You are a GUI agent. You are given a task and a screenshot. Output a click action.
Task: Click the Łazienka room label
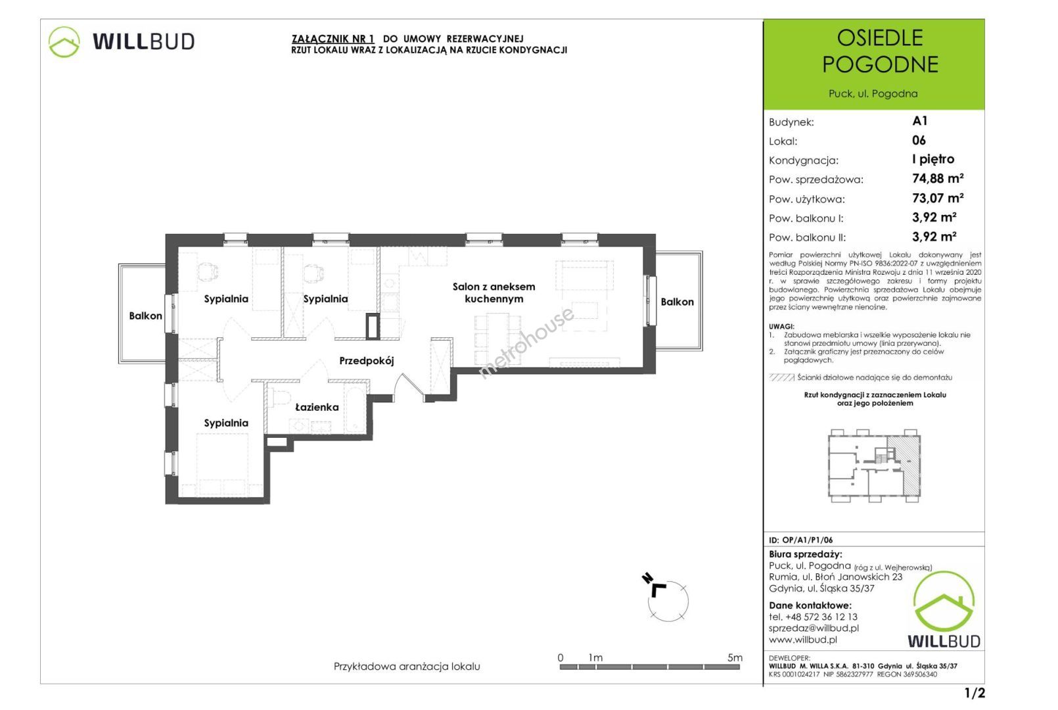point(317,407)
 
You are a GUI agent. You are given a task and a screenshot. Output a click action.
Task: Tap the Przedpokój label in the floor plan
point(367,362)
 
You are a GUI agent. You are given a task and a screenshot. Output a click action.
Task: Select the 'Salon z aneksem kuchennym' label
point(494,293)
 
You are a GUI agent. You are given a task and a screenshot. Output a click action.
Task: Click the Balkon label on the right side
point(677,302)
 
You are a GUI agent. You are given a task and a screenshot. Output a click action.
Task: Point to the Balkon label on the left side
point(145,316)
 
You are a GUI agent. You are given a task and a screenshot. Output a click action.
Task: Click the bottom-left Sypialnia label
point(226,423)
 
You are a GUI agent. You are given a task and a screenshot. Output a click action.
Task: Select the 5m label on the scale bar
point(735,657)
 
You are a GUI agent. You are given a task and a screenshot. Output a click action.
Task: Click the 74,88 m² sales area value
point(938,178)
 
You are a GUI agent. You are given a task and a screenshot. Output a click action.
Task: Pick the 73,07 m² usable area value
point(938,198)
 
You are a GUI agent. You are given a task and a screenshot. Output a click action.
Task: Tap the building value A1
point(919,121)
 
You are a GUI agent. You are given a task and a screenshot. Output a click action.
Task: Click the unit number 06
point(919,140)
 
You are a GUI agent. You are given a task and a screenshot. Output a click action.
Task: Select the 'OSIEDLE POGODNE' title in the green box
point(880,51)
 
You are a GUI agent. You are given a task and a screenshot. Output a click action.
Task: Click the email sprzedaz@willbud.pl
point(814,628)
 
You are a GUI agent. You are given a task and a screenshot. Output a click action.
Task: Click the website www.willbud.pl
point(803,640)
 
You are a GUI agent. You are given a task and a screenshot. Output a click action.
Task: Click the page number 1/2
point(975,693)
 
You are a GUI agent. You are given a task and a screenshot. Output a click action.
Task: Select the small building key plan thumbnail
point(874,466)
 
